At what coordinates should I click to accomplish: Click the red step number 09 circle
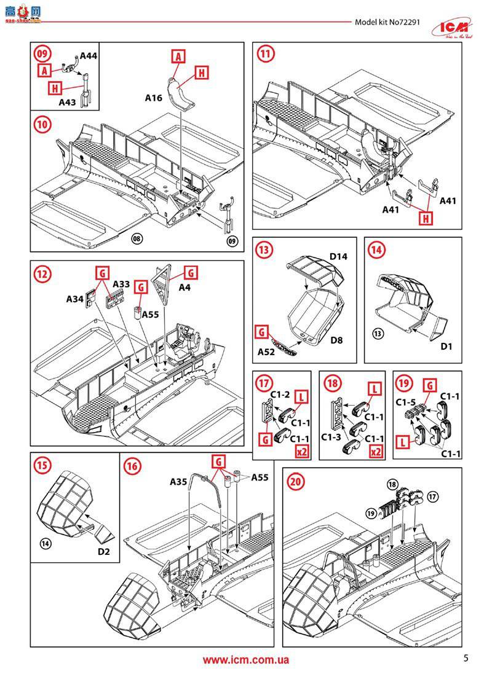42,54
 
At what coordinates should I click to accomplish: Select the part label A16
154,97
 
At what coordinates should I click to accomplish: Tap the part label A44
89,56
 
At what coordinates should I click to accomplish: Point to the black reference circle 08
137,239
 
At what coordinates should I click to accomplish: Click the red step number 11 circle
265,54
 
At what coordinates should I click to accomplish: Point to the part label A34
75,299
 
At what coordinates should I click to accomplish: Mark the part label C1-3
331,437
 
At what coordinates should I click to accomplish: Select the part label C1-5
407,403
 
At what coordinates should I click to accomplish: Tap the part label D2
103,551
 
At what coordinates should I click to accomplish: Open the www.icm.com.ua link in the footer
246,660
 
